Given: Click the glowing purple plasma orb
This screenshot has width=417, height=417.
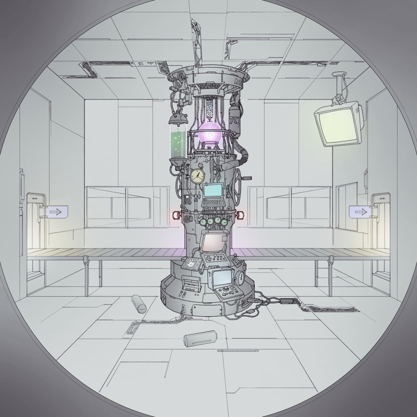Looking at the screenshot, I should tap(209, 137).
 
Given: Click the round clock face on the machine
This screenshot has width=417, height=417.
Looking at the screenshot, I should tap(198, 174).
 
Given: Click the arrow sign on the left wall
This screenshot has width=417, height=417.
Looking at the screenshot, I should tap(56, 212).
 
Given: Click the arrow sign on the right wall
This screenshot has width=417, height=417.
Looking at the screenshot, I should tap(359, 212).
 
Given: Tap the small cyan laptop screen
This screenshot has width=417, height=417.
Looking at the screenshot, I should tap(213, 191).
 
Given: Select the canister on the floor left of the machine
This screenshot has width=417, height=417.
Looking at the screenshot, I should tap(139, 303).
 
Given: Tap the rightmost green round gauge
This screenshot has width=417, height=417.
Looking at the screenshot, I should tap(224, 220).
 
